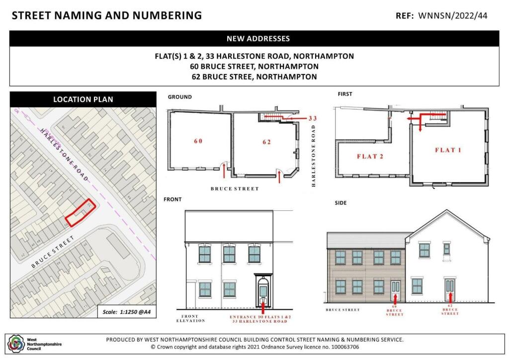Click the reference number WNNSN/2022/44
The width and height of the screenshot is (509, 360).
pos(453,16)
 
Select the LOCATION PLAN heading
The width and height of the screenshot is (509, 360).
pos(83,99)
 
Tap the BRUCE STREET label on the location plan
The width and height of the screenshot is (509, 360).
pos(53,252)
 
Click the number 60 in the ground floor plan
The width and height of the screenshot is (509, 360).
pos(198,141)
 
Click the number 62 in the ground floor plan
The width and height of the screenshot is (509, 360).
pos(266,142)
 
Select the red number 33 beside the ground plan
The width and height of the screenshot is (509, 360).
pos(312,118)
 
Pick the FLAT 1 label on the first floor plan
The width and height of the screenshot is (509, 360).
pos(448,150)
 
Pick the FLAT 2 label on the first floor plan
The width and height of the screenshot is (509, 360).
pos(371,157)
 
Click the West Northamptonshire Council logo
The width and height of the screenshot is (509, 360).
pos(15,343)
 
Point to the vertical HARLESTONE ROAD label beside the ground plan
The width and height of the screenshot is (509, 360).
pos(314,156)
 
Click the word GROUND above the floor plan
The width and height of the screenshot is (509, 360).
pos(179,97)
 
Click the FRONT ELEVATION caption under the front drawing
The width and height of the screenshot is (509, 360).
pos(190,319)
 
